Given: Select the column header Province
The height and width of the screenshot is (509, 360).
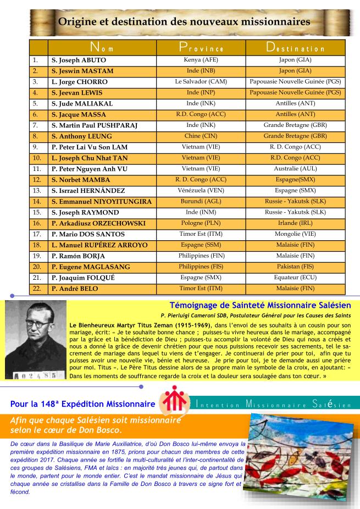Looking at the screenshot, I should pos(201,48).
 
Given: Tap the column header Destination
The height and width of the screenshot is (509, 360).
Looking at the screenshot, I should pos(295,48).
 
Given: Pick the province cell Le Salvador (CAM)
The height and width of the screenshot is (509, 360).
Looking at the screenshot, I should pos(201,81).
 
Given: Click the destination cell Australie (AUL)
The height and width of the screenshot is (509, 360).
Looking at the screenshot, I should pos(295,168).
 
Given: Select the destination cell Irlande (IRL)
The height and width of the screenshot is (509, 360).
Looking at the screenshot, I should pos(295,223).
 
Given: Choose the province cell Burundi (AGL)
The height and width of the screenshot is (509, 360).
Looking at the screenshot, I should pos(201,201).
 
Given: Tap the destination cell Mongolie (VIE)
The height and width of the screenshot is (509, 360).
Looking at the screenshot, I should pos(295,234).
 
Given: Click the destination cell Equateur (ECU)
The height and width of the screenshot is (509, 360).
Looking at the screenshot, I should pos(295,277).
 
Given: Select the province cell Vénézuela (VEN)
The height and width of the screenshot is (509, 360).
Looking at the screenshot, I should pos(201,190).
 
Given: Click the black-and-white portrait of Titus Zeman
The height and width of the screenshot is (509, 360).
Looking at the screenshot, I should pos(36,340).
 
